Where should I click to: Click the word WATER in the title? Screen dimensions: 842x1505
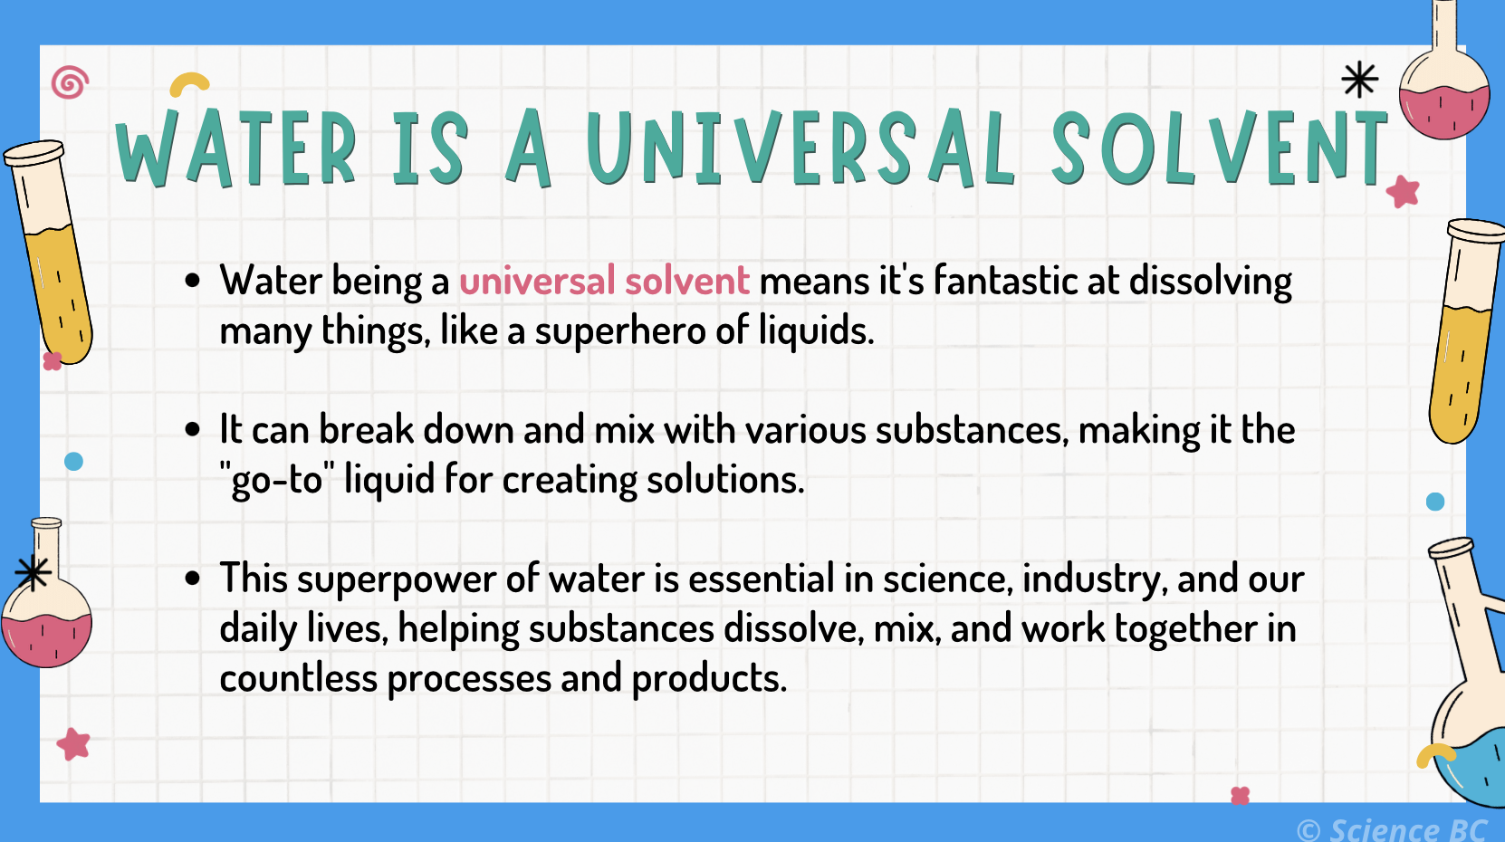(x=236, y=149)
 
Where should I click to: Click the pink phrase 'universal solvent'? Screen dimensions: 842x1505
(x=604, y=282)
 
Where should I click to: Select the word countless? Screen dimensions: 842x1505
(x=298, y=678)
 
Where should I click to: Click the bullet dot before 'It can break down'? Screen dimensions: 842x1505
(x=192, y=430)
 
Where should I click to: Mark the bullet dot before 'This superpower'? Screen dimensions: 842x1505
(x=192, y=579)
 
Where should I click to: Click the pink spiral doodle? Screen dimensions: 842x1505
(x=71, y=83)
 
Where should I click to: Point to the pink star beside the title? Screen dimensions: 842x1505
(x=1403, y=191)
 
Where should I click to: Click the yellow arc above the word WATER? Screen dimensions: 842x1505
(x=189, y=84)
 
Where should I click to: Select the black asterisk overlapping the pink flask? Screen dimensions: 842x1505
(x=33, y=572)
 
